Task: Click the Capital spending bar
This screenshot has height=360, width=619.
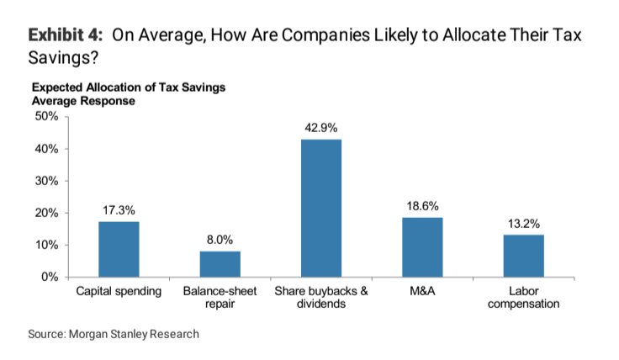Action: tap(119, 249)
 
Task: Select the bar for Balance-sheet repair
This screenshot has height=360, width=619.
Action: tap(220, 263)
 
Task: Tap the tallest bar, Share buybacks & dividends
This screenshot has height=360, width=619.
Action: tap(321, 208)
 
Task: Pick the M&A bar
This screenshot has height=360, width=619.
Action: tap(422, 246)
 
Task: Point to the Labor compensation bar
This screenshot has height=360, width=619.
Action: tap(523, 256)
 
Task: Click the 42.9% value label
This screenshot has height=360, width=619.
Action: tap(321, 128)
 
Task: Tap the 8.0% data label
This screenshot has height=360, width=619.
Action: tap(220, 240)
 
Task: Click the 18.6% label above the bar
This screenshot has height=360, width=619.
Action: tap(422, 206)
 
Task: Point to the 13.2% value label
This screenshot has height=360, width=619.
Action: tap(523, 224)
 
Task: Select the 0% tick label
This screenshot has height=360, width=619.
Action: tap(49, 277)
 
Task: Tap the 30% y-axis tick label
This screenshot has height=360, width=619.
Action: tap(45, 181)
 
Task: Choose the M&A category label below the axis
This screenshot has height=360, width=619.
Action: tap(422, 291)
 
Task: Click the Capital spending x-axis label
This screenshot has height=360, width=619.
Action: tap(119, 291)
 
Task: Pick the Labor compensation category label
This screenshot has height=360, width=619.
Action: tap(523, 298)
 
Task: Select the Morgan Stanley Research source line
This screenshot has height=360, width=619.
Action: tap(114, 334)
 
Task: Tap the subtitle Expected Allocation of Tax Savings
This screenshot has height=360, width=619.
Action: tap(128, 87)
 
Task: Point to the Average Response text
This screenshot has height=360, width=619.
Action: tap(83, 100)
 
